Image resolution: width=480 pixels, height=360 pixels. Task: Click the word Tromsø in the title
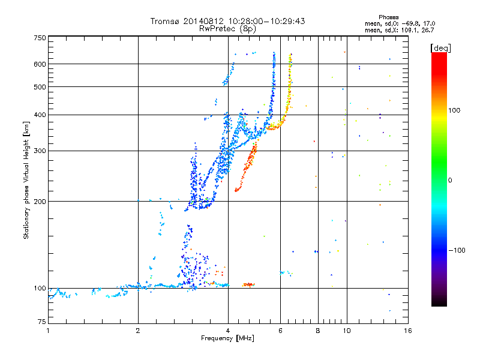point(164,21)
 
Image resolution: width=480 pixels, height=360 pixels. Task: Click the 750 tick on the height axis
point(40,38)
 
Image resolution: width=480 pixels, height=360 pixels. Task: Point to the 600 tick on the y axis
point(40,64)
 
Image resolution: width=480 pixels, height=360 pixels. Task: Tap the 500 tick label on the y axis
point(40,87)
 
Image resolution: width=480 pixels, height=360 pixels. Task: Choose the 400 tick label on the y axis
point(40,115)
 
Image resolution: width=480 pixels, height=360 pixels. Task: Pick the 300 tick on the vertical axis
point(40,151)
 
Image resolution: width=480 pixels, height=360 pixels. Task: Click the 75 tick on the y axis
point(41,324)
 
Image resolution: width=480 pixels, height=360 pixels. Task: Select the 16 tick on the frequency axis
point(407,331)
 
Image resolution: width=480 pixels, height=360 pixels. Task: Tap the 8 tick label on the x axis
point(318,331)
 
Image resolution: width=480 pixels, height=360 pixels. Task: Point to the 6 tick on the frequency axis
point(280,331)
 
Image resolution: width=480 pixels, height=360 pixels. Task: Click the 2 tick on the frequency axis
point(138,331)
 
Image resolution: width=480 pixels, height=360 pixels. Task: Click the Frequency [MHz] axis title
point(228,339)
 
